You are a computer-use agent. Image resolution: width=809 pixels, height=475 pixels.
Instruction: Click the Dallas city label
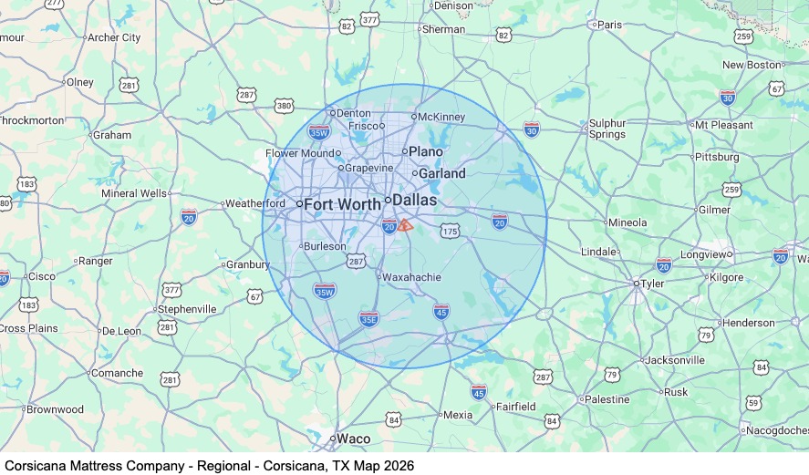pos(415,200)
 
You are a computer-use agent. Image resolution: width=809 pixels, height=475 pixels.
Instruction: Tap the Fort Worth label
pos(342,204)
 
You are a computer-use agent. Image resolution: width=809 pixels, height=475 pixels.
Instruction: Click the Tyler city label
pos(652,284)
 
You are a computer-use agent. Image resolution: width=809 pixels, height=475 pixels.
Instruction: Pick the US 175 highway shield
pos(449,232)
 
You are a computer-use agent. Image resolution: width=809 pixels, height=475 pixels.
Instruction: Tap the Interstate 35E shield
pos(368,318)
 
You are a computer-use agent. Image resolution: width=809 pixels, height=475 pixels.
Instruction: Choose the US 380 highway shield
pos(285,106)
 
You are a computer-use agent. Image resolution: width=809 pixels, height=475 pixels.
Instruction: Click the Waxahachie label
pos(412,277)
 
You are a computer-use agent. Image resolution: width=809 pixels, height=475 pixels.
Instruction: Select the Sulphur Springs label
pos(607,129)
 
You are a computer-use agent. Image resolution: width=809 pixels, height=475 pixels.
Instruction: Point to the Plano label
pos(425,151)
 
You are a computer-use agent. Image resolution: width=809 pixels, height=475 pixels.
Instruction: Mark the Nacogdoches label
pos(775,430)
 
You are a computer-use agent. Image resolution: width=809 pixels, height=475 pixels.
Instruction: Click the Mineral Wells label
pos(134,193)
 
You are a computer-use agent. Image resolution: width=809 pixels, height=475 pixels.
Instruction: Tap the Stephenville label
pos(187,309)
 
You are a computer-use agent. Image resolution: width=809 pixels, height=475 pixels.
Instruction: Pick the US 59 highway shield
pos(753,402)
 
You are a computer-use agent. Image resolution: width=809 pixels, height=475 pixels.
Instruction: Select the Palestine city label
pos(607,399)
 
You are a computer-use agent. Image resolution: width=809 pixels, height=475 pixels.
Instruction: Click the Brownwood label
pos(55,409)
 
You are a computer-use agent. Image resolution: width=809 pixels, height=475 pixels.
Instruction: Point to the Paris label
pos(608,25)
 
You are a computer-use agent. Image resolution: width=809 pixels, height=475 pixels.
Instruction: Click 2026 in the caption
pos(397,466)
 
